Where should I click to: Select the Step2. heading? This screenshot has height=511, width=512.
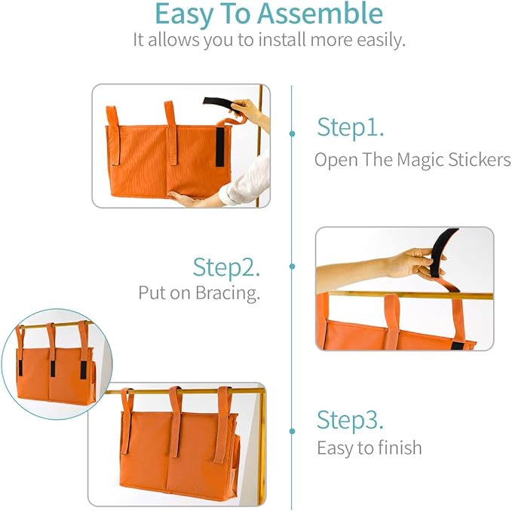tap(226, 267)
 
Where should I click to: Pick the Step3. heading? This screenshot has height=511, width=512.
tap(350, 419)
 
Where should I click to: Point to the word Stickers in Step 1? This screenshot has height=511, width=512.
tap(483, 160)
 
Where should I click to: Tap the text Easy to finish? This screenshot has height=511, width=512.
tap(369, 448)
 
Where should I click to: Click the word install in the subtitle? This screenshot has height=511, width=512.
tap(246, 40)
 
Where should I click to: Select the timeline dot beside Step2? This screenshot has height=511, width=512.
tap(292, 266)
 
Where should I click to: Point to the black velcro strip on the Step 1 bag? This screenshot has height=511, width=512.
tap(219, 145)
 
